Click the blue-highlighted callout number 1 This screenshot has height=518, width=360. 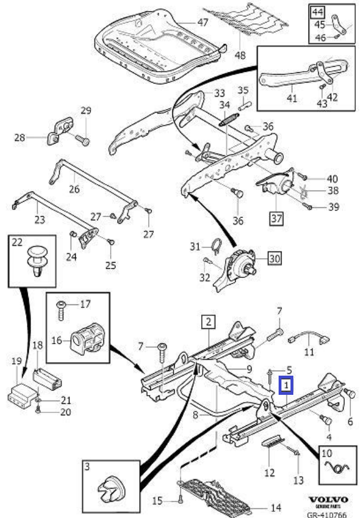(287, 386)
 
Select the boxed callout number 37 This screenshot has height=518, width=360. (276, 218)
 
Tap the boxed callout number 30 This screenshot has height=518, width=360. (274, 259)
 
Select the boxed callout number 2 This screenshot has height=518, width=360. (208, 323)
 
